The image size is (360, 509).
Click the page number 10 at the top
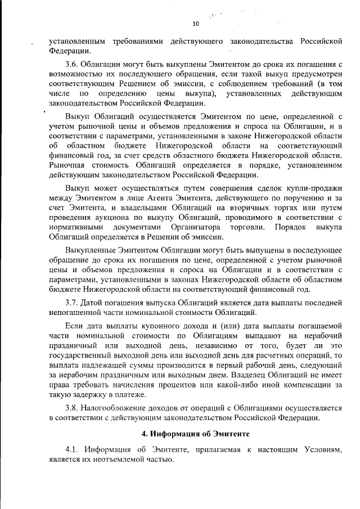(196, 24)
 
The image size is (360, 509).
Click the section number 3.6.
(72, 65)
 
